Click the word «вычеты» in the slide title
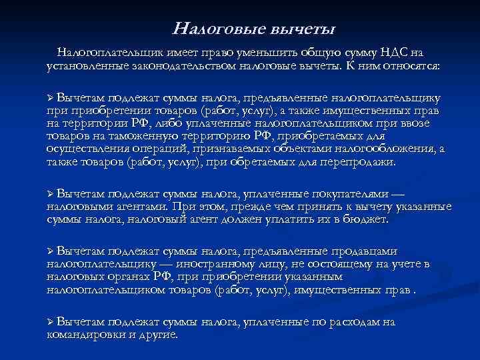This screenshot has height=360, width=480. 303,29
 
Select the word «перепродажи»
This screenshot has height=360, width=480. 358,161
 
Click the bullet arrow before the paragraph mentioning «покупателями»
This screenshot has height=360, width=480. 50,194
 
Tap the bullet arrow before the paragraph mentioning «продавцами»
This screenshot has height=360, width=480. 50,252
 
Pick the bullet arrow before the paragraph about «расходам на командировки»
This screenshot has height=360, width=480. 50,323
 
